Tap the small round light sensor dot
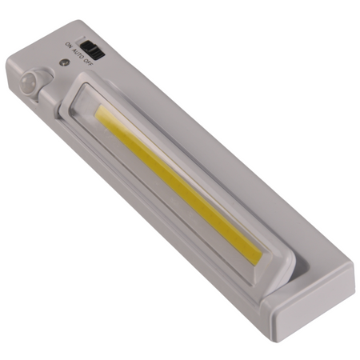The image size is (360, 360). click(62, 61)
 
